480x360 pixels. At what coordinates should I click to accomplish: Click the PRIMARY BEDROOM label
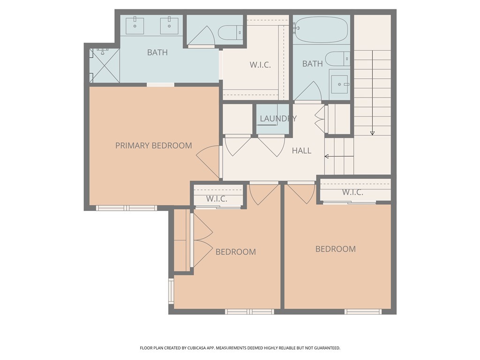[153, 145]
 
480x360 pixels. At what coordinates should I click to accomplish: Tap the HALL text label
[301, 150]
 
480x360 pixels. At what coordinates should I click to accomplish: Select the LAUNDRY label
[278, 119]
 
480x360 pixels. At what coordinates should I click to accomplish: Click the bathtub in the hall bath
[321, 29]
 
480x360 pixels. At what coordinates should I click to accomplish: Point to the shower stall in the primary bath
[105, 65]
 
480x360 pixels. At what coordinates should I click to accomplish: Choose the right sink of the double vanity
[169, 25]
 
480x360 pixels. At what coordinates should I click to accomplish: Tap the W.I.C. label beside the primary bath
[260, 65]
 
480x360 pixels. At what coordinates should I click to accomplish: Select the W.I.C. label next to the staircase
[352, 192]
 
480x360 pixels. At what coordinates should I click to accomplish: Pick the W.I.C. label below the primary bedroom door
[217, 199]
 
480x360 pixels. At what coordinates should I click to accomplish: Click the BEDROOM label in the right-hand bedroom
[335, 249]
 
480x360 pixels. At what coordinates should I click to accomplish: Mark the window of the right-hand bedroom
[363, 311]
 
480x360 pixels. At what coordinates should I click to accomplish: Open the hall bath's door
[308, 91]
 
